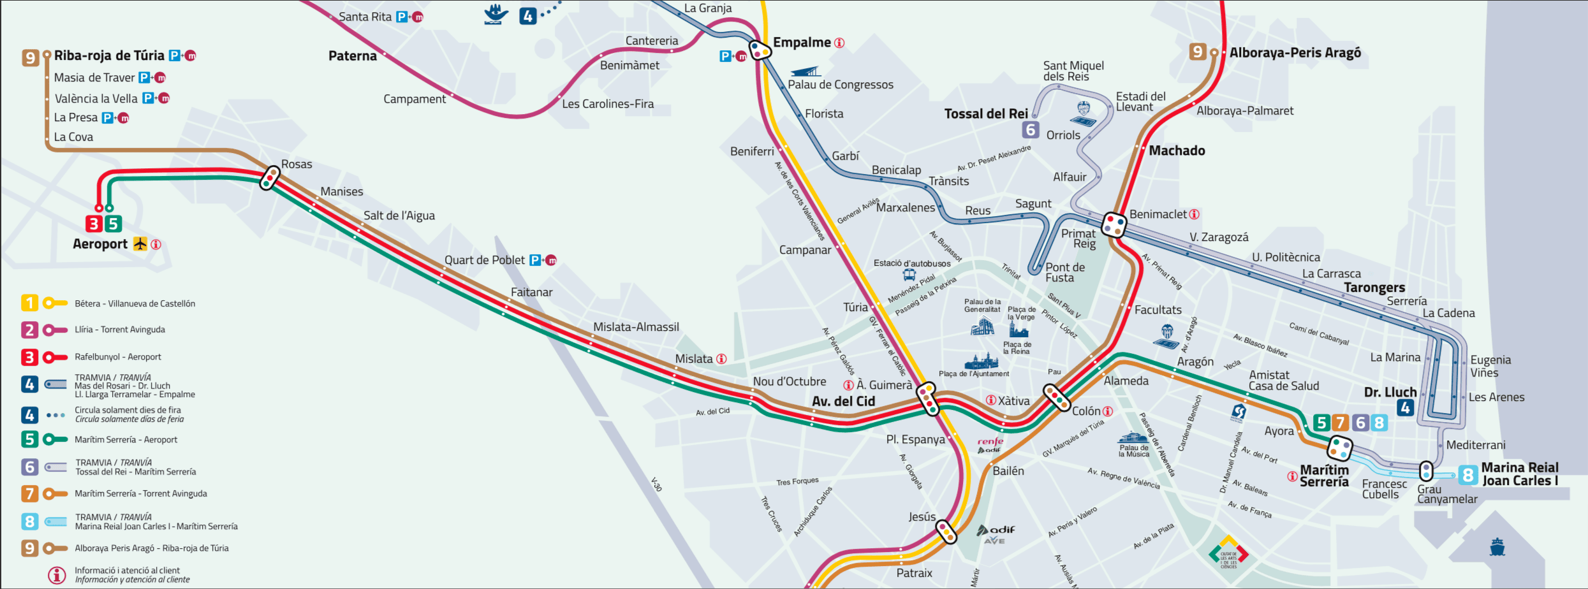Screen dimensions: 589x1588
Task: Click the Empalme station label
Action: point(801,43)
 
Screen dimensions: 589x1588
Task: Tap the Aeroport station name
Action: point(100,244)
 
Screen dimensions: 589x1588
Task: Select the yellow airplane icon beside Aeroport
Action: point(140,244)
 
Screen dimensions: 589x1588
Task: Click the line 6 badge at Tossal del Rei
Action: point(1031,129)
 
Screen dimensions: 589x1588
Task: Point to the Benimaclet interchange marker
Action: point(1114,224)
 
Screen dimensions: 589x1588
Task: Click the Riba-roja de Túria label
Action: point(109,55)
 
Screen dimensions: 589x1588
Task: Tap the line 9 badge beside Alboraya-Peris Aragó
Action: point(1198,52)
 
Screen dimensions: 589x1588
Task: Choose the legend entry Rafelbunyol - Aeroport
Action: point(118,357)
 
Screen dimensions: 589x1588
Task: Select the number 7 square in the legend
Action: point(29,493)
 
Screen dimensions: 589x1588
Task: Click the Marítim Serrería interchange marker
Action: point(1339,448)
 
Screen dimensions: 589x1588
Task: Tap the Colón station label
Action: point(1086,411)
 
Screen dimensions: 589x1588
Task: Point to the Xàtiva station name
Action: point(1013,401)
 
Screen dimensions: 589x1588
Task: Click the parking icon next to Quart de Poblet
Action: point(535,260)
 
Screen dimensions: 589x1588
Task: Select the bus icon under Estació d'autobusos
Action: point(909,275)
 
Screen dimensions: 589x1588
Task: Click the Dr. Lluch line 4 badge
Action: point(1406,408)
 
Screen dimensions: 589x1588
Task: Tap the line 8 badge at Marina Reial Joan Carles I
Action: point(1467,475)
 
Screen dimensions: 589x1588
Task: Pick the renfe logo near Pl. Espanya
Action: point(990,441)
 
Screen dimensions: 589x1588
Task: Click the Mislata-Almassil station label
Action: point(636,327)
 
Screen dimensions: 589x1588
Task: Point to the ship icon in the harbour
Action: point(1497,547)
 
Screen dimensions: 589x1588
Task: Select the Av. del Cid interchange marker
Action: point(927,399)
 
